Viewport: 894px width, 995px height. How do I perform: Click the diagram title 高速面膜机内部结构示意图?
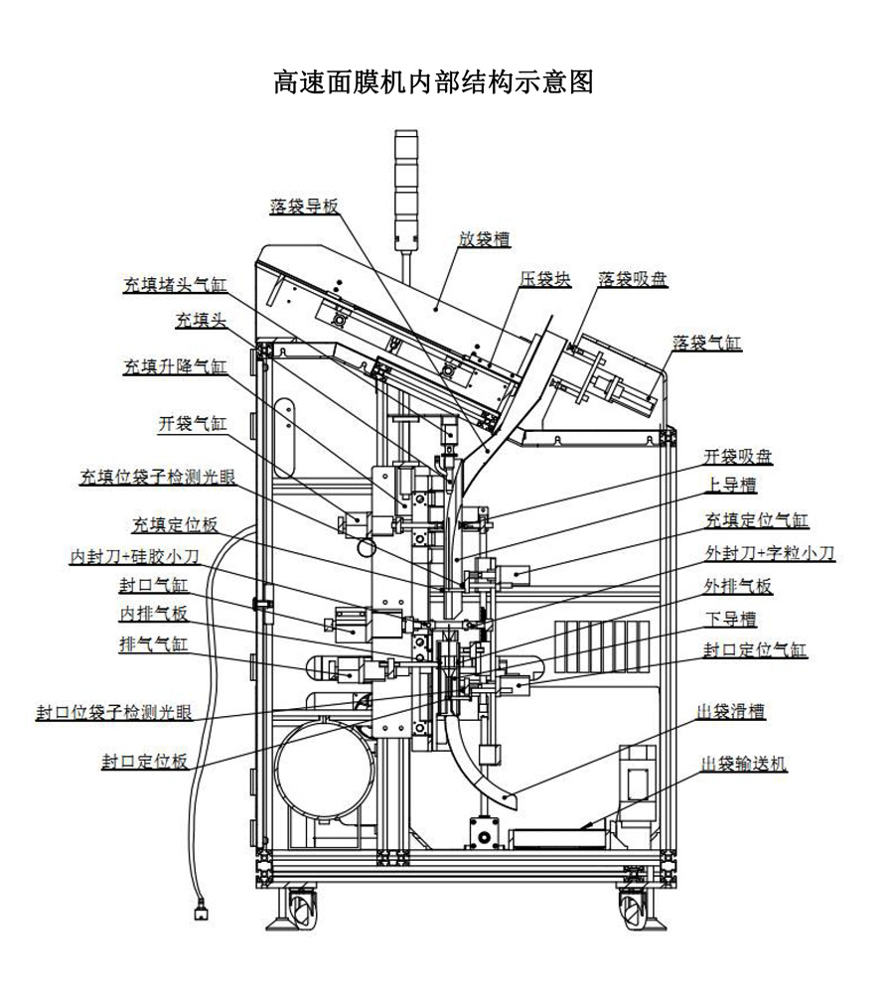pyautogui.click(x=433, y=82)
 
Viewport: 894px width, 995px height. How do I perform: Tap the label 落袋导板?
pyautogui.click(x=304, y=207)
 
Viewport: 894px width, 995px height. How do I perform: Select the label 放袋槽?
pyautogui.click(x=484, y=239)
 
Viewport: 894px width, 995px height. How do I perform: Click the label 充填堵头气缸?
pyautogui.click(x=175, y=286)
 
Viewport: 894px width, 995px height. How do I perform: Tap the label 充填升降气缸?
pyautogui.click(x=175, y=366)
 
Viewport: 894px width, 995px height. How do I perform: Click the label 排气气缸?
pyautogui.click(x=153, y=644)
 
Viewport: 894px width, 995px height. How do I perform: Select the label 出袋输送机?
pyautogui.click(x=744, y=763)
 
